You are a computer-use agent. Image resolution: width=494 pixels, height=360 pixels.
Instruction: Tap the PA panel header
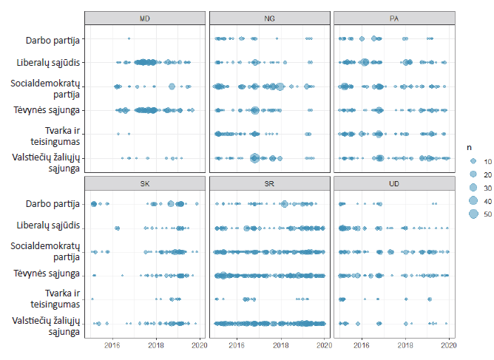(391, 17)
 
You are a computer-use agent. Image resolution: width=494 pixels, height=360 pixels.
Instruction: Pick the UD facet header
(391, 183)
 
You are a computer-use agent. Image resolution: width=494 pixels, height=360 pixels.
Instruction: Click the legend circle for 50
(472, 214)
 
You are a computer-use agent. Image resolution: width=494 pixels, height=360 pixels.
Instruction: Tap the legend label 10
(486, 161)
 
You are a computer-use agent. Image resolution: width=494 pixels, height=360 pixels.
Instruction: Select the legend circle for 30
(472, 188)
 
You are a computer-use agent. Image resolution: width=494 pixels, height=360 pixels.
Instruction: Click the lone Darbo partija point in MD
(129, 38)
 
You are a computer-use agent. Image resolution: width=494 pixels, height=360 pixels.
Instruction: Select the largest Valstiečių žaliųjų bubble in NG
(254, 157)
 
